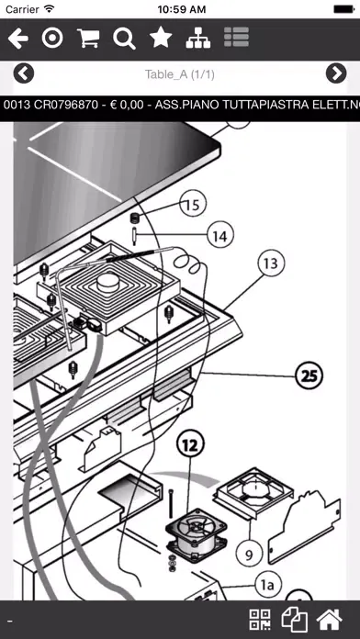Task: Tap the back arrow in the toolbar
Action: [18, 39]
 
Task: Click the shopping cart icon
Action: [88, 39]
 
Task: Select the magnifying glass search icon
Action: [124, 39]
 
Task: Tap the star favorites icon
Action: [161, 39]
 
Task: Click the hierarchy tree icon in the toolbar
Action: [198, 39]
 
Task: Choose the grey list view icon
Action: [236, 37]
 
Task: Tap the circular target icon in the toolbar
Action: [52, 39]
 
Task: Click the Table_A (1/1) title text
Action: [180, 74]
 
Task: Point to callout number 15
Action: [192, 205]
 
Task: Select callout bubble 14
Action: [220, 236]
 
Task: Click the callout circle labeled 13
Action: [271, 263]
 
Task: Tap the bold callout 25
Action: [309, 376]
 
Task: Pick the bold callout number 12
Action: [190, 446]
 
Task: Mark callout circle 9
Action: [249, 554]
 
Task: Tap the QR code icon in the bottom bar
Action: [260, 620]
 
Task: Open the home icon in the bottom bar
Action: [330, 620]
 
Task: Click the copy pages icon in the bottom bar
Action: [295, 620]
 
